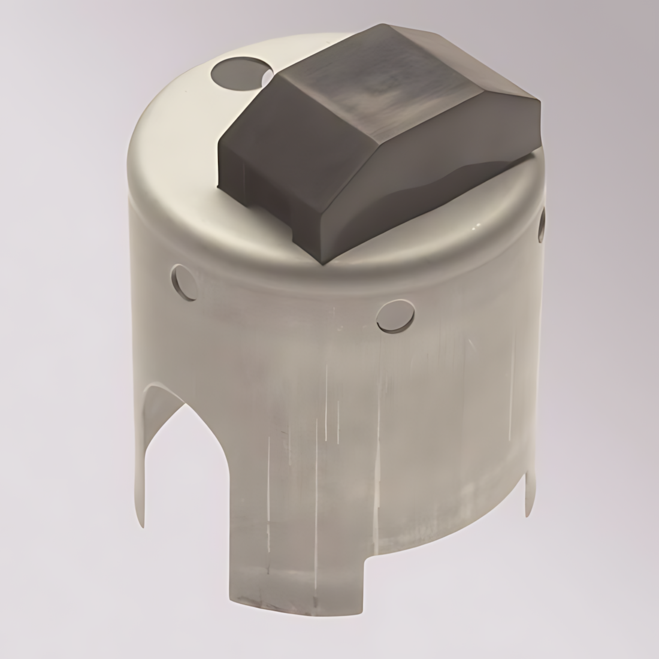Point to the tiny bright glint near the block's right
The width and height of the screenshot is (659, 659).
pos(477,226)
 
